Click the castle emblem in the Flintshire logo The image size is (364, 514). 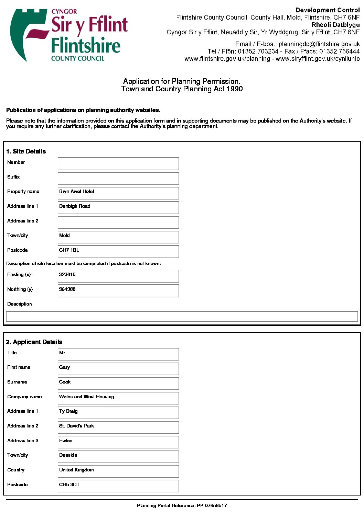coord(29,34)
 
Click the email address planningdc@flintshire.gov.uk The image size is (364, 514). coord(319,44)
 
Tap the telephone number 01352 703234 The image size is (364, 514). coord(258,51)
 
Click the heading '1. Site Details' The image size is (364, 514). coord(26,151)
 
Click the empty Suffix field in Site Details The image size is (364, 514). coord(118,179)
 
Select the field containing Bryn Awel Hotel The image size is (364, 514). coord(118,193)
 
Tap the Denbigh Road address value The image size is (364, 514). coord(75,206)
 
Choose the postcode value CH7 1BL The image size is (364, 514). coord(69,250)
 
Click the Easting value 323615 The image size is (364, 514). coord(67,275)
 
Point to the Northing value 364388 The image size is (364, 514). coord(67,289)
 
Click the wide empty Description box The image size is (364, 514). coord(182,316)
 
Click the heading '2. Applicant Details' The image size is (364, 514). coord(34,342)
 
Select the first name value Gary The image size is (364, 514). coord(65,367)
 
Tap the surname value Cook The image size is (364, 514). coord(65,382)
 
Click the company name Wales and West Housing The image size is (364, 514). coord(87,397)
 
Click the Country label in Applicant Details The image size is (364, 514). coord(16,470)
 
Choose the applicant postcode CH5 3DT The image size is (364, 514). coord(69,485)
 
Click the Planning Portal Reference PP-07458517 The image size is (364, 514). coord(182,505)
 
